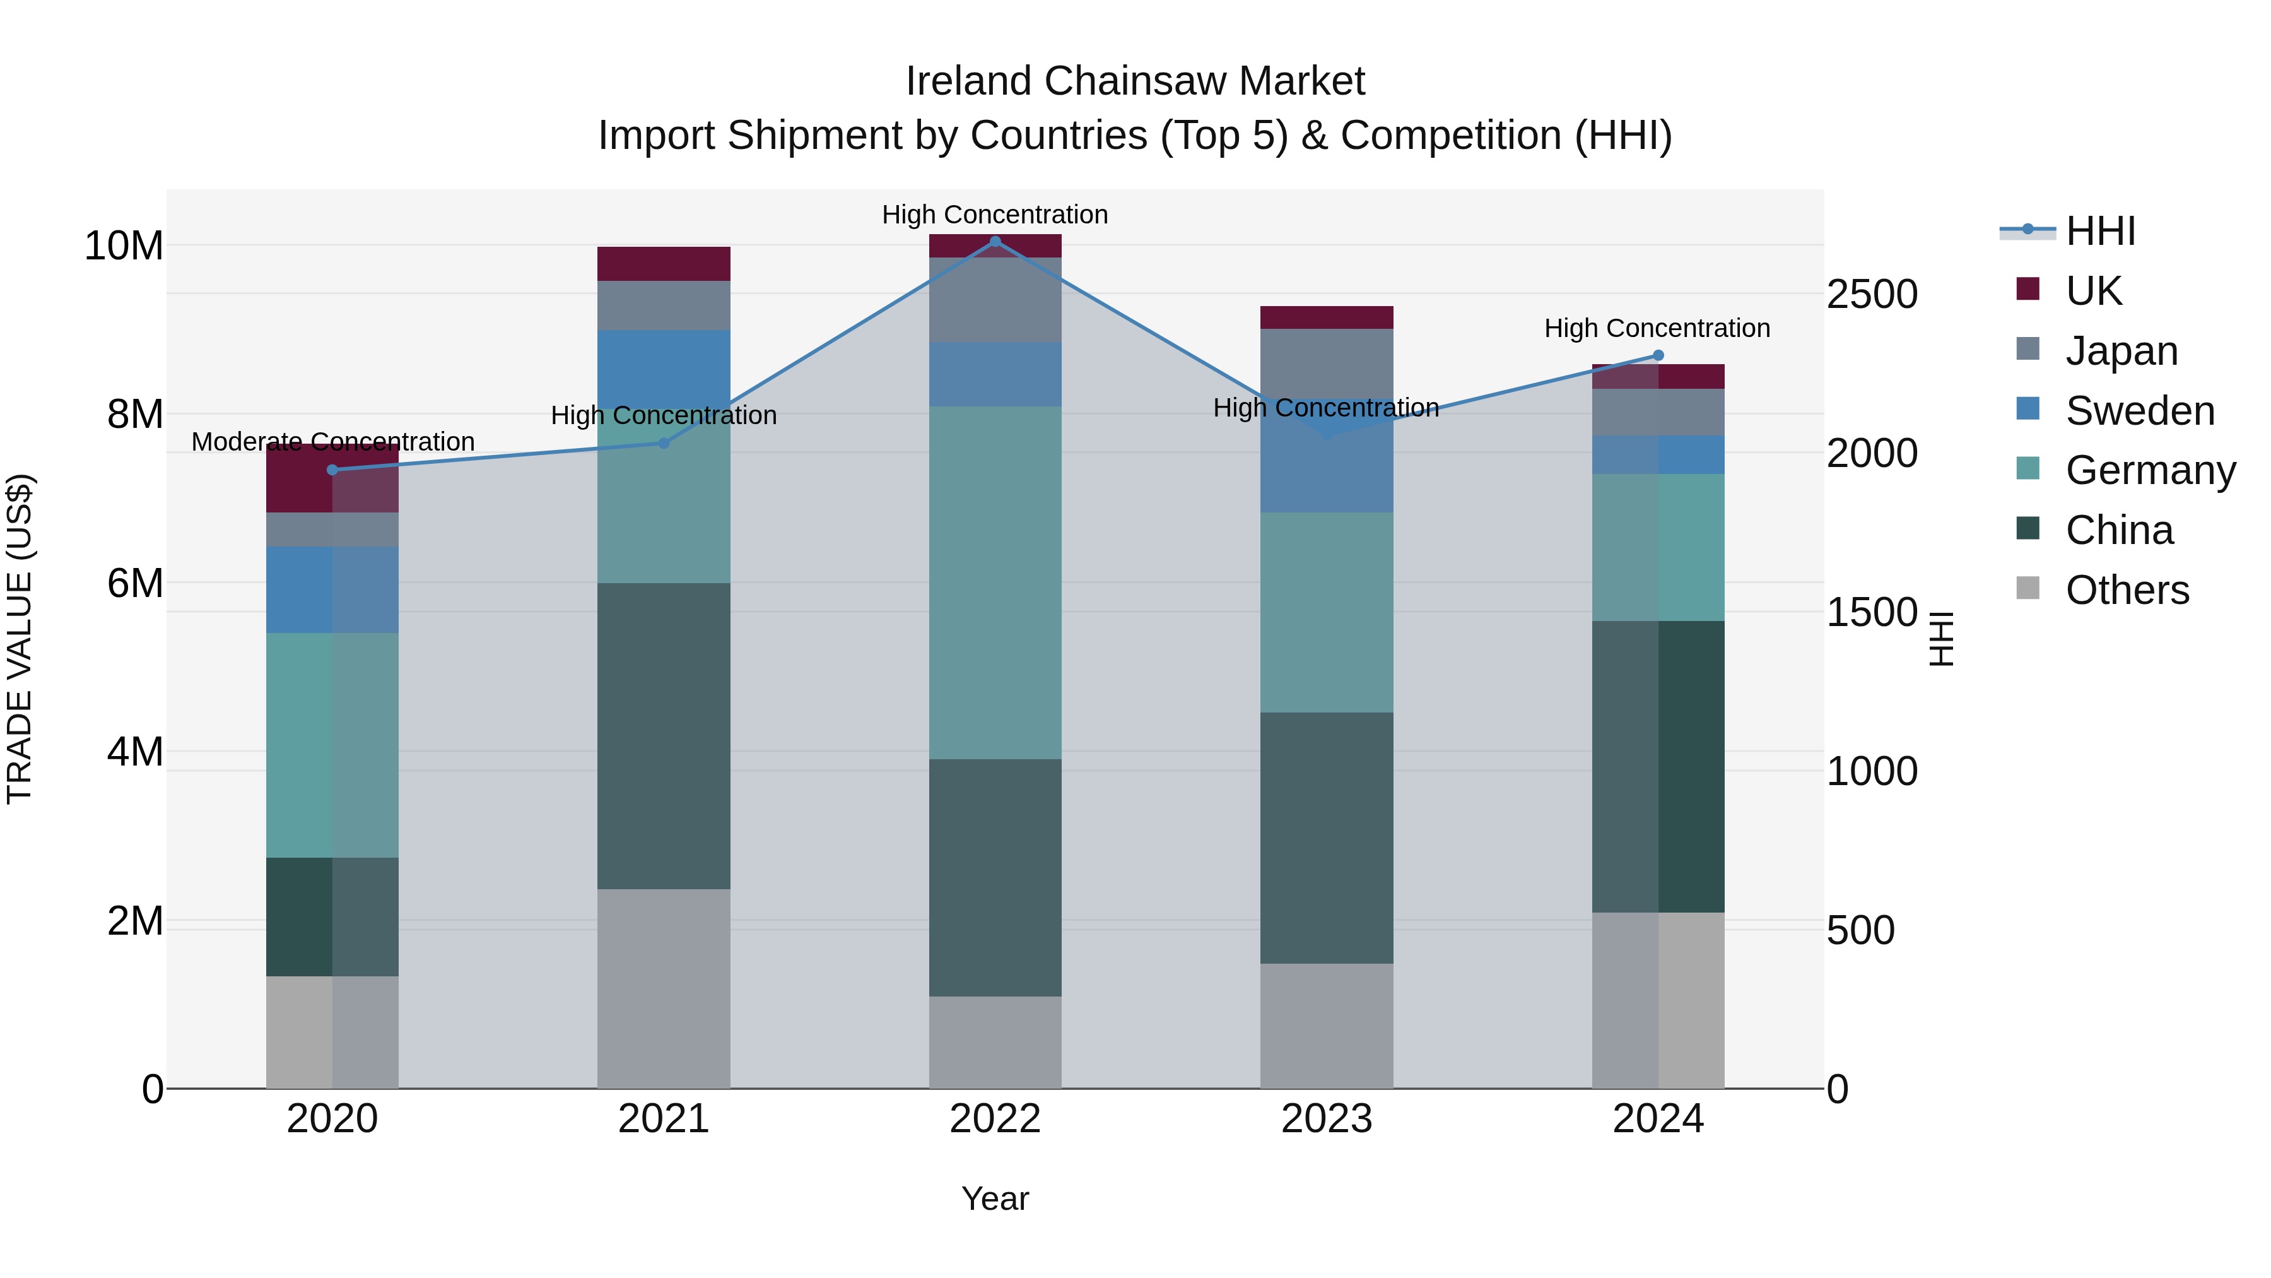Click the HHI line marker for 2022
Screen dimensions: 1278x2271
point(995,241)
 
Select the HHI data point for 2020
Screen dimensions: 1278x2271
point(332,470)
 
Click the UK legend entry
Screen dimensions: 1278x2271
point(2093,290)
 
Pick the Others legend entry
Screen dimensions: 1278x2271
point(2127,590)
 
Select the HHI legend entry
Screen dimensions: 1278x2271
point(2100,231)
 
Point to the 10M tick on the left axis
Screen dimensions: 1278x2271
point(124,246)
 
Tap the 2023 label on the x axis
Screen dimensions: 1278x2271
point(1327,1119)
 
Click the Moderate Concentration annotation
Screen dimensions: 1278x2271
point(332,441)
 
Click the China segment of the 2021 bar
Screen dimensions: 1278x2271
point(664,736)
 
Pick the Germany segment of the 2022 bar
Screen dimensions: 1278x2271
point(995,582)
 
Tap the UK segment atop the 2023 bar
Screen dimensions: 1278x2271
point(1327,317)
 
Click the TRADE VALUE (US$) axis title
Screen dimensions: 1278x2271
point(20,639)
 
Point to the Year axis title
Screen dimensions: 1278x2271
point(995,1198)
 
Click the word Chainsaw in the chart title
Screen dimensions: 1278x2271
point(1135,81)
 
